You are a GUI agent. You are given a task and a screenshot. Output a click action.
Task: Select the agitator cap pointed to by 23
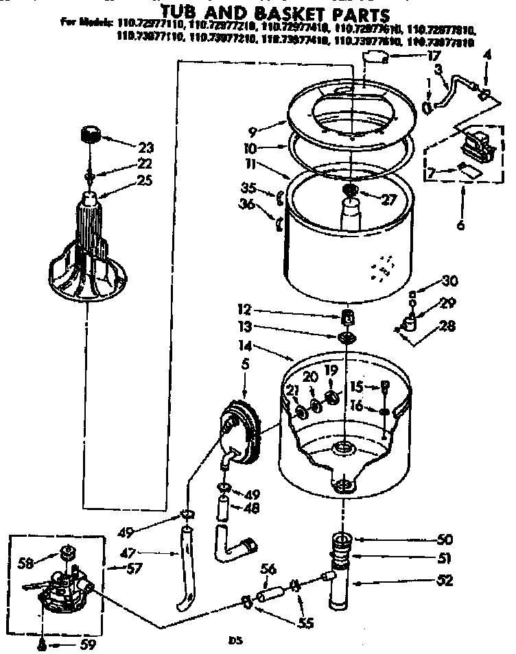pos(90,133)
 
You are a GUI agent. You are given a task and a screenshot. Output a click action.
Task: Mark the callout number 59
pos(88,644)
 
